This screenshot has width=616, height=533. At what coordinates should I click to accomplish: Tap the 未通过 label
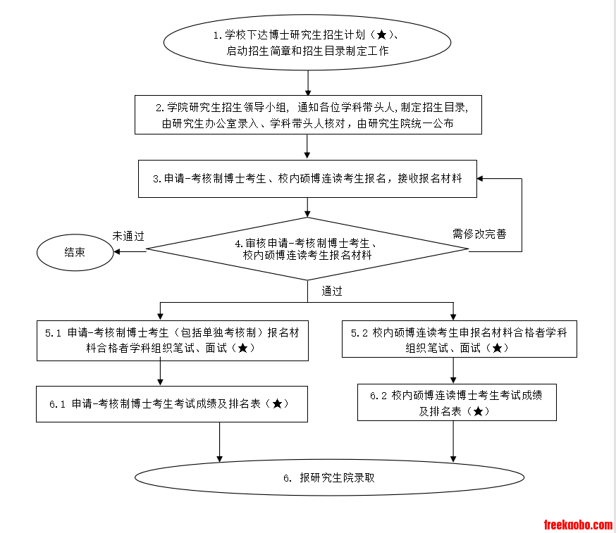pos(128,237)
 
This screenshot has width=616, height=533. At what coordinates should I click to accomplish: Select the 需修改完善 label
pos(479,234)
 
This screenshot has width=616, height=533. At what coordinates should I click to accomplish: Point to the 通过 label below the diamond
pos(332,291)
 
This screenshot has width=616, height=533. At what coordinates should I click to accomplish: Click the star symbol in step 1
pos(381,35)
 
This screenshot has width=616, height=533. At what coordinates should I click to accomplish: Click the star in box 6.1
pos(277,403)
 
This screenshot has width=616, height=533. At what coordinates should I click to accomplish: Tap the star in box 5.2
pos(497,348)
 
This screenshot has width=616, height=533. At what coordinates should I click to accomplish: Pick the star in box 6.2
pos(478,411)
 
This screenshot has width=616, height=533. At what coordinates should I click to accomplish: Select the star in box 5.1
pos(242,348)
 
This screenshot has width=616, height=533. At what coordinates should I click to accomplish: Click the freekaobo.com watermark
pos(578,525)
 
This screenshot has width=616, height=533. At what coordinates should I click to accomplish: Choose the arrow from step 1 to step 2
pos(307,83)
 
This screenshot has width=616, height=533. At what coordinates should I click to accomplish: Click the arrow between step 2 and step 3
pos(307,146)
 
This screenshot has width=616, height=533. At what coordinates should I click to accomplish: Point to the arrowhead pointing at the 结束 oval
pos(117,251)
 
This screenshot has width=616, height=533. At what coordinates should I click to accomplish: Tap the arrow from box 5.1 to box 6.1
pos(160,373)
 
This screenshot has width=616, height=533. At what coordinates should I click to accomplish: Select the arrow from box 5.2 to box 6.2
pos(453,370)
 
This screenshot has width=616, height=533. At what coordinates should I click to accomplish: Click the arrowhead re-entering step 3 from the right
pos(480,179)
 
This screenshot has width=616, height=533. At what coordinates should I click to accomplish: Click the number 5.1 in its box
pos(53,333)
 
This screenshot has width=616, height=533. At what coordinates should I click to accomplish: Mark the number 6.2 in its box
pos(378,396)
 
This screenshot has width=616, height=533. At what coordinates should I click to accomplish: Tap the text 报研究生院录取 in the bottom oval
pos(337,477)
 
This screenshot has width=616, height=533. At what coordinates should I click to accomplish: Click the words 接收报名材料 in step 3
pos(430,179)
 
